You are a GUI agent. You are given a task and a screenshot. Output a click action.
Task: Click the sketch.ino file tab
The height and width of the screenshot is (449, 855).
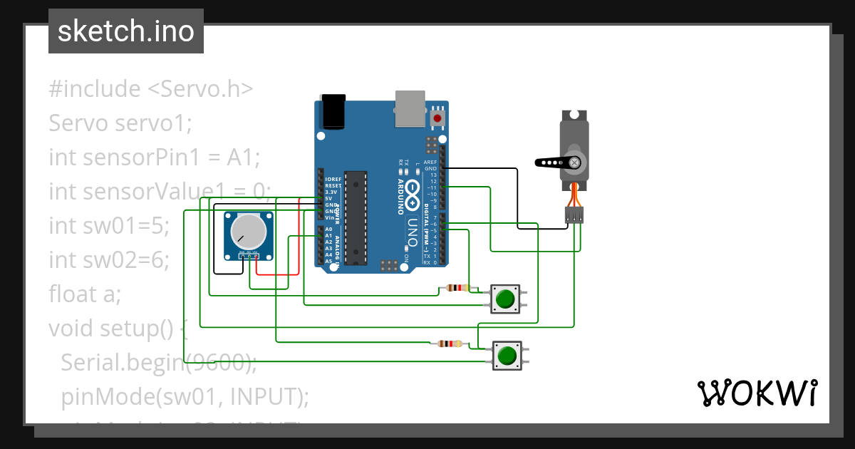[x=126, y=31]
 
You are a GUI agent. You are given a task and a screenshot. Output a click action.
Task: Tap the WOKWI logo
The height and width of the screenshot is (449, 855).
[x=757, y=393]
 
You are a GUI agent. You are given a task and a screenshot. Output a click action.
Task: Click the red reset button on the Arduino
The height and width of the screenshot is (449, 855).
[x=437, y=118]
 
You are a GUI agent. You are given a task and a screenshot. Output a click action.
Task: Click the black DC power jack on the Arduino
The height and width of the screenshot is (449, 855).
[x=333, y=111]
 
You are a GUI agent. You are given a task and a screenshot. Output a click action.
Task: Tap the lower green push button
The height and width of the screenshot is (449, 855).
[x=507, y=355]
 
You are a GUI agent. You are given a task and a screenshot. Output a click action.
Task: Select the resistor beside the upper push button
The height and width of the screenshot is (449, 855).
[x=457, y=289]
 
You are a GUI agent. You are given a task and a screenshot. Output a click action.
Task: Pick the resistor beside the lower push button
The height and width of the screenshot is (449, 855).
[x=449, y=344]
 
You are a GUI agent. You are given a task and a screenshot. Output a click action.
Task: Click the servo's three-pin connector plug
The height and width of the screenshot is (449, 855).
[x=574, y=214]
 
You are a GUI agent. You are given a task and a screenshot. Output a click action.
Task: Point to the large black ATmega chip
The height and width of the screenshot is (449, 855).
[x=356, y=217]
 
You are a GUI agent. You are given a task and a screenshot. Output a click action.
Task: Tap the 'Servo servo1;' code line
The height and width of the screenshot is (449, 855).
[x=120, y=123]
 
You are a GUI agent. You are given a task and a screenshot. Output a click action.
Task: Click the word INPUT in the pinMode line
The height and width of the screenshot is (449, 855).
[x=269, y=396]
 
